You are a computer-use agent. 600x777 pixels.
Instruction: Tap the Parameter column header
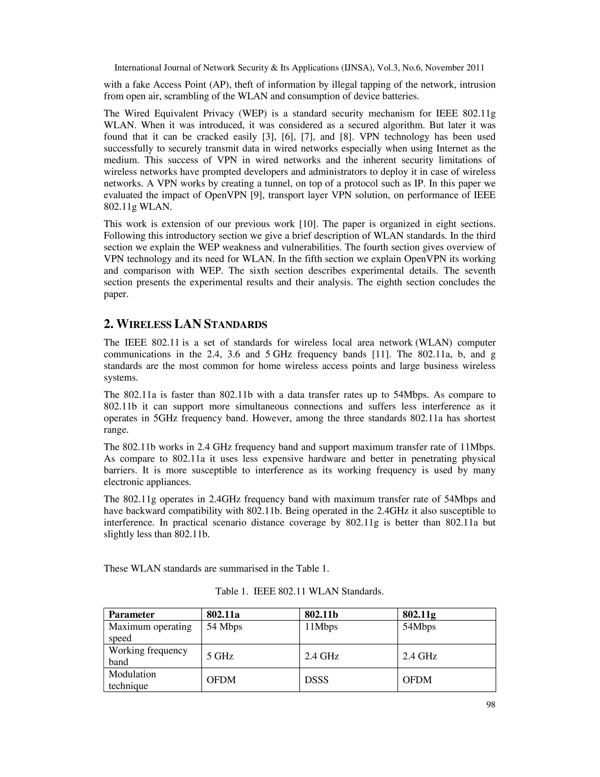pyautogui.click(x=132, y=614)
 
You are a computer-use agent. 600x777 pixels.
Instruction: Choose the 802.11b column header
pyautogui.click(x=321, y=614)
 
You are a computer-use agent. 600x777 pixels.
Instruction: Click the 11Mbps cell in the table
pyautogui.click(x=321, y=627)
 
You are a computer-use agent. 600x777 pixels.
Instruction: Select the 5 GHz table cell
pyautogui.click(x=220, y=656)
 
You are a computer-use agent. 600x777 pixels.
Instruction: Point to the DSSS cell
pyautogui.click(x=316, y=680)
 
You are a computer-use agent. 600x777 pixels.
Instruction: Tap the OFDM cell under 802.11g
pyautogui.click(x=417, y=680)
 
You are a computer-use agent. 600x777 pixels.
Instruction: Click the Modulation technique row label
pyautogui.click(x=132, y=680)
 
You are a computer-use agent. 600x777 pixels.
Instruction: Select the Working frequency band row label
pyautogui.click(x=148, y=656)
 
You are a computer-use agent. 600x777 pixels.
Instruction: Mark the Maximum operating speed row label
pyautogui.click(x=150, y=632)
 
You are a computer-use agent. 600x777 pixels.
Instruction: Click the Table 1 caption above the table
pyautogui.click(x=299, y=591)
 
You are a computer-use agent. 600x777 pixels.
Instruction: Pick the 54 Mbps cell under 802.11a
pyautogui.click(x=224, y=627)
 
